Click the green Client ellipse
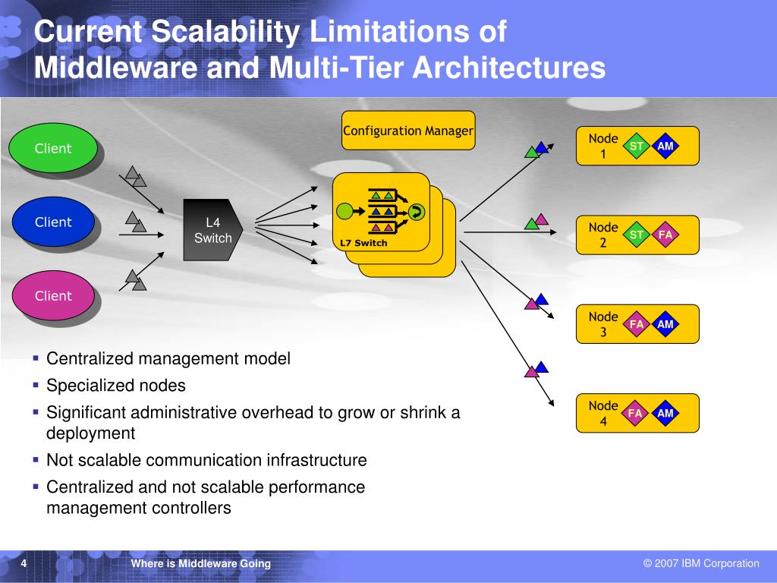pos(53,149)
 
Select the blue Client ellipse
pos(53,222)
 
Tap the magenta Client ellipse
pos(53,296)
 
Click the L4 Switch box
pos(212,230)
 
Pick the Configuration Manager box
pos(408,131)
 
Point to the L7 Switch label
pos(363,243)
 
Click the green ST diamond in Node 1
pos(637,146)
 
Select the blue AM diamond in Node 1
pos(665,146)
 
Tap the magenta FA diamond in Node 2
pos(665,235)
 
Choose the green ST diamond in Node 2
pos(637,235)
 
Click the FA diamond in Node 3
pos(637,324)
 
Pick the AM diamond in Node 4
pos(665,413)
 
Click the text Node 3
pos(603,324)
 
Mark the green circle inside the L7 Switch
pos(345,212)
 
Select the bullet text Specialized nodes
pos(116,386)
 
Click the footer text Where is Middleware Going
pos(200,563)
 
